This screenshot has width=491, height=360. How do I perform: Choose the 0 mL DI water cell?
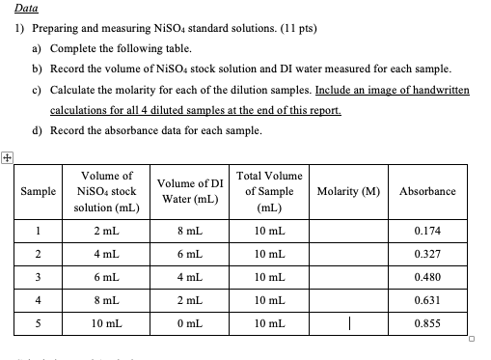(189, 323)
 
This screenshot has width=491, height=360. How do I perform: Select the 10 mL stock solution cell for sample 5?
(106, 323)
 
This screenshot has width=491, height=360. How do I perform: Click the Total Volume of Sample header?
(269, 191)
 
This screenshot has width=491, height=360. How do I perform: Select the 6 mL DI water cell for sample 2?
(189, 254)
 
